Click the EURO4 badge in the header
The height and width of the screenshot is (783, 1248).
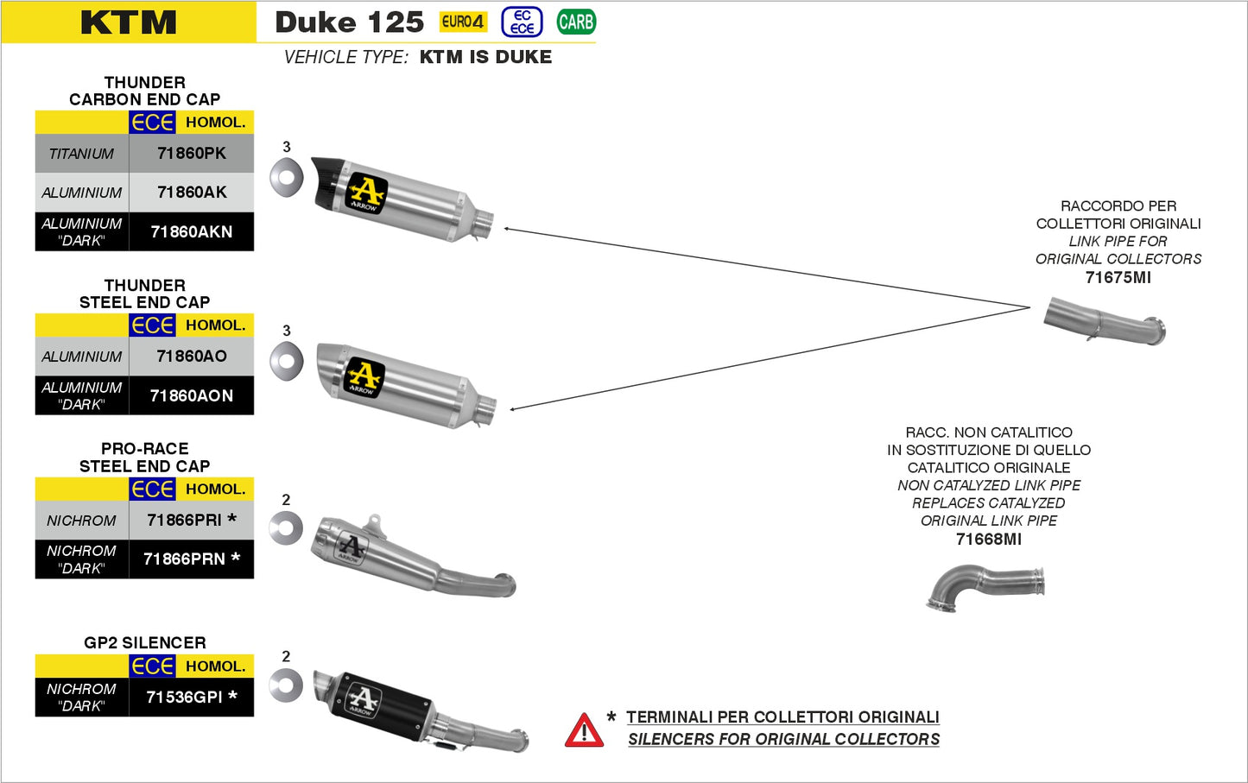(463, 22)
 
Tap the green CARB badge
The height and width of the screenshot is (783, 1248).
(576, 22)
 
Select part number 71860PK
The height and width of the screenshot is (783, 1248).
(192, 154)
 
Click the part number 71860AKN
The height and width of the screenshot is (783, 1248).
(192, 231)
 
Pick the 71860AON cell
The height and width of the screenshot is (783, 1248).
(192, 395)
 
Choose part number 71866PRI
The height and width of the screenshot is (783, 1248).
(185, 520)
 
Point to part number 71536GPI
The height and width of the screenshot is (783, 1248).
(185, 697)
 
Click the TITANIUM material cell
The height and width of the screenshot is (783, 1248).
(81, 154)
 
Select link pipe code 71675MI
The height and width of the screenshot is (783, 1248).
(1118, 277)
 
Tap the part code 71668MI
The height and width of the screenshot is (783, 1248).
(988, 539)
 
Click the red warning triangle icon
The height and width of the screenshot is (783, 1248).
(584, 730)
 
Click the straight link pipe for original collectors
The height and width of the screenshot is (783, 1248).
(1104, 321)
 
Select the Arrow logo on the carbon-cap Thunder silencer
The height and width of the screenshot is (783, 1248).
(366, 193)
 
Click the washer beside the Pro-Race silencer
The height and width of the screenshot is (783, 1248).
(286, 528)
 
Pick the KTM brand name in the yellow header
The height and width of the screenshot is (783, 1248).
(129, 22)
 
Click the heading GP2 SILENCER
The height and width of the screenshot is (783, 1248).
(145, 642)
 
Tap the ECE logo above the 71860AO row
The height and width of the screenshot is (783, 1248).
(153, 325)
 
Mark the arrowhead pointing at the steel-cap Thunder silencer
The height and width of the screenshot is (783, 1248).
(513, 408)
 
